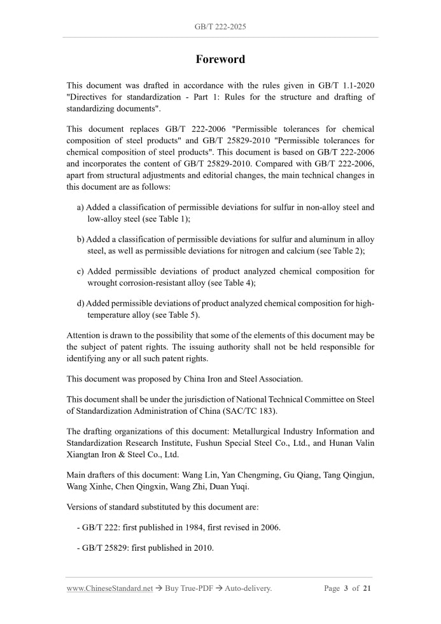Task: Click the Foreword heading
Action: click(220, 59)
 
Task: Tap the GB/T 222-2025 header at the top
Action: click(220, 27)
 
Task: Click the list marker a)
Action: click(81, 207)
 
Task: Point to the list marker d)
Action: click(81, 303)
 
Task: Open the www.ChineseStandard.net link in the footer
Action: click(109, 588)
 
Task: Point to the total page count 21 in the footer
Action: click(367, 588)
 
